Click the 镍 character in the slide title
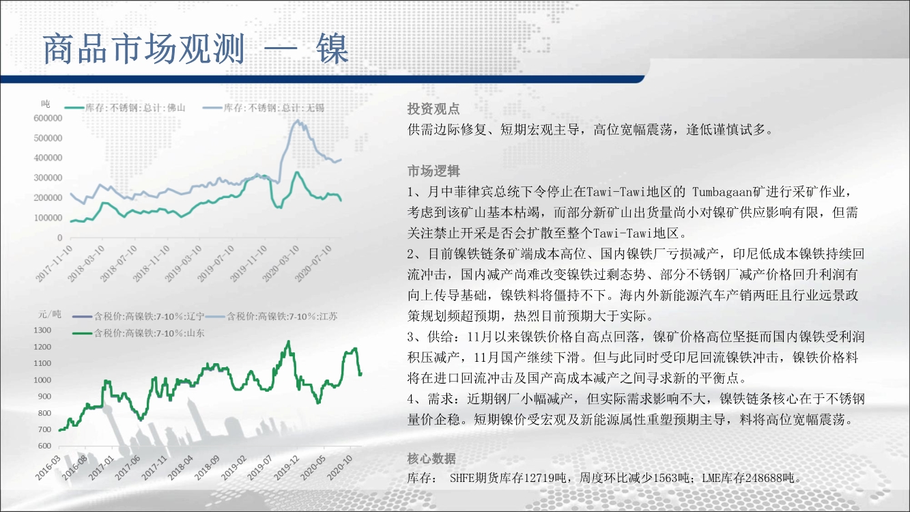pos(332,49)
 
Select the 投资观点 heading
pos(433,109)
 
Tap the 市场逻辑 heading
pos(433,171)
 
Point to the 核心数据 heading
pos(431,458)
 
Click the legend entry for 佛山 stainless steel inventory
pos(125,108)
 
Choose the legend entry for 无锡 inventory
pos(264,108)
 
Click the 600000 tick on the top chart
pos(48,118)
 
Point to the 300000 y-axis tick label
pos(48,178)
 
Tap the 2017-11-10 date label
pos(54,264)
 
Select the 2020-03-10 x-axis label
pos(281,264)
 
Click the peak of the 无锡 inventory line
pos(298,120)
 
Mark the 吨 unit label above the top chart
pos(46,104)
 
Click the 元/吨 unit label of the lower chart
pos(50,314)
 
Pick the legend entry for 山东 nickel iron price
pos(139,333)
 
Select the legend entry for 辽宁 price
pos(139,316)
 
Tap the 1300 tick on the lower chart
pos(42,330)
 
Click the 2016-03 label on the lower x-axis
pos(48,468)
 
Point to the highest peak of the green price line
pos(289,342)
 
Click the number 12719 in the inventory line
pos(545,478)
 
